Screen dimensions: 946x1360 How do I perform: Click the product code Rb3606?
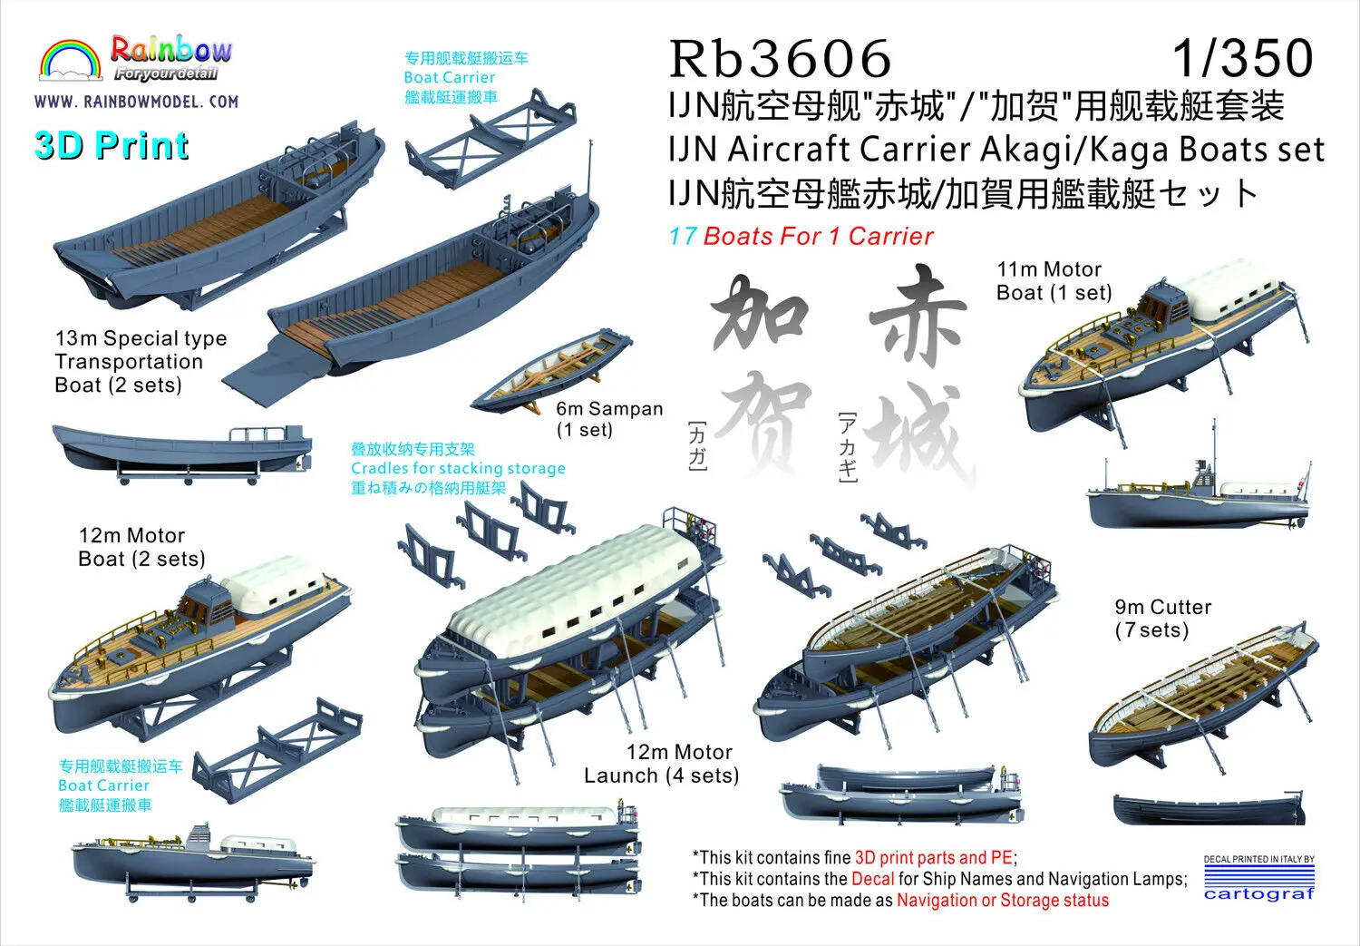780,58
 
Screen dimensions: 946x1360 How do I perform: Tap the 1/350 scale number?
1242,58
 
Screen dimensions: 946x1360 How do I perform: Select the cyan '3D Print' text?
112,146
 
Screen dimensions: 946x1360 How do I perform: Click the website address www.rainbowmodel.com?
136,102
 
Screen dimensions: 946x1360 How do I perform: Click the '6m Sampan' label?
609,409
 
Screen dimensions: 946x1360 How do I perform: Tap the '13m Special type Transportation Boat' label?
141,361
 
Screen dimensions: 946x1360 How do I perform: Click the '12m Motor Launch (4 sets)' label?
662,764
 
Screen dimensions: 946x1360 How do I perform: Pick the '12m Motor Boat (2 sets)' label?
141,547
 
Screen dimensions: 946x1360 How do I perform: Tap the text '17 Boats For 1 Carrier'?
801,237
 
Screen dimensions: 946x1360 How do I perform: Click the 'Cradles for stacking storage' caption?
458,468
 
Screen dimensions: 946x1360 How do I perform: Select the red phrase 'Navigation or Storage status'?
1002,901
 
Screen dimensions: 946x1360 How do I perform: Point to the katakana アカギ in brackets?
846,447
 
